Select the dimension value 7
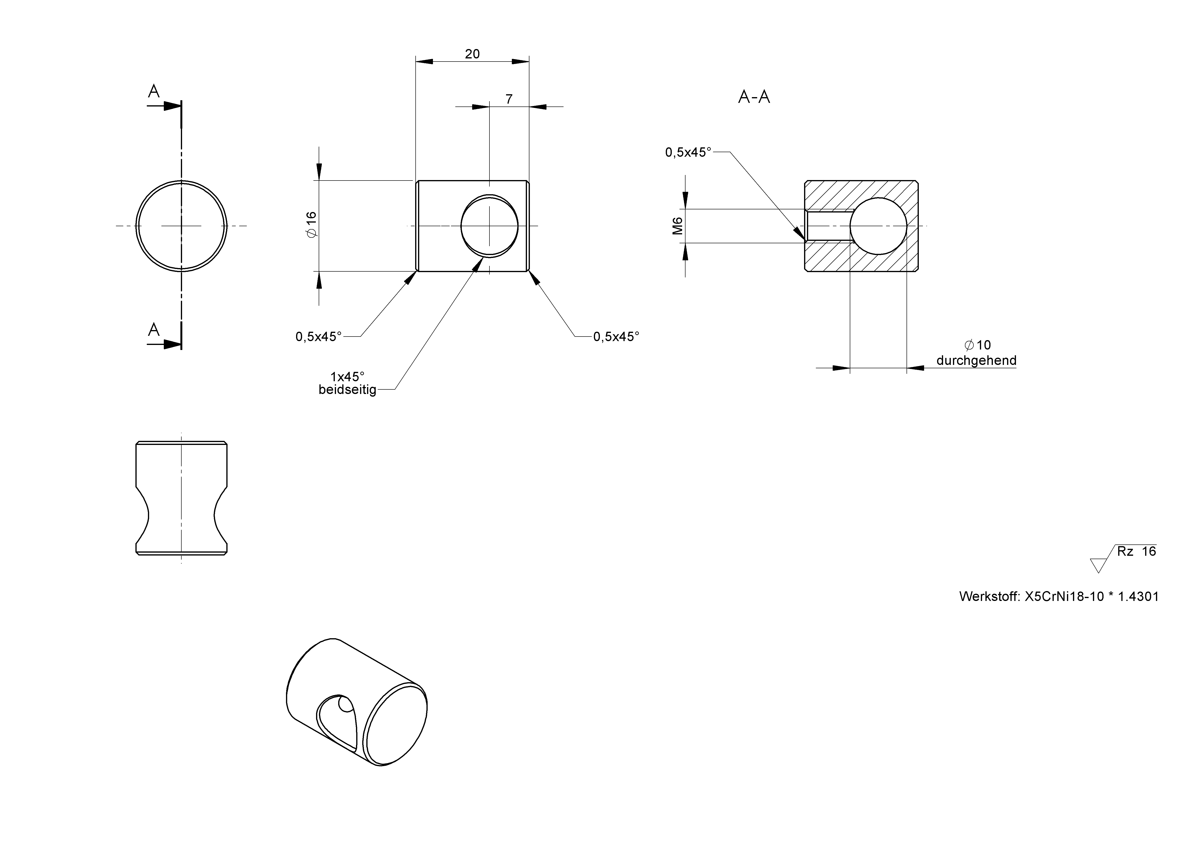point(509,99)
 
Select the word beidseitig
point(347,390)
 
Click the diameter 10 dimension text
point(977,345)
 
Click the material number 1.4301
point(1138,596)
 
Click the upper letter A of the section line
point(154,91)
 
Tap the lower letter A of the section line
point(154,329)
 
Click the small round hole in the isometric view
point(344,705)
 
